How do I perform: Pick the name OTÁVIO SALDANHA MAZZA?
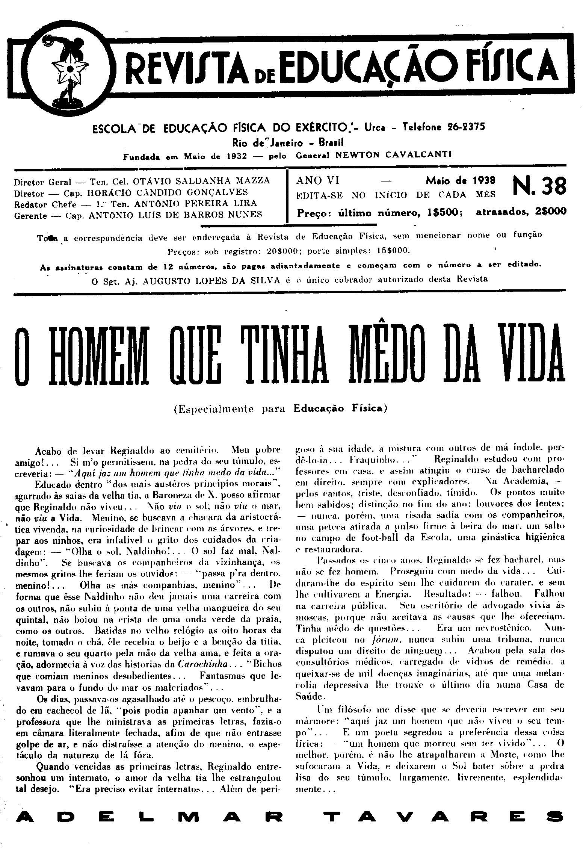tap(201, 181)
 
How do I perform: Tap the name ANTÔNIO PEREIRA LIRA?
tap(195, 203)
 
